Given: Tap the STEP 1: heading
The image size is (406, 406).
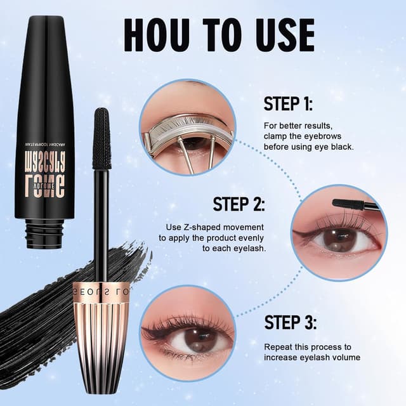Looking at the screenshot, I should [x=288, y=104].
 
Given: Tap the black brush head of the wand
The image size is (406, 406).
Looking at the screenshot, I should [x=101, y=138].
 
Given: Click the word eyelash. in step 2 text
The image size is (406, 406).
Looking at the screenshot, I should [x=248, y=248].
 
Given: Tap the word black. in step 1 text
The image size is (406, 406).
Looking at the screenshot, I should [x=343, y=147].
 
